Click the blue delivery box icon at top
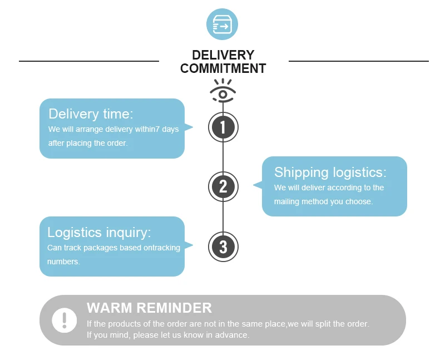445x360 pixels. coord(222,24)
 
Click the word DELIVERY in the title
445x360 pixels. coord(222,55)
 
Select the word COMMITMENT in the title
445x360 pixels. coord(222,69)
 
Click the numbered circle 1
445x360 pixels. coord(223,127)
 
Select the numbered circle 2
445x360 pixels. coord(223,186)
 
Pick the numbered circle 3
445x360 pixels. coord(223,246)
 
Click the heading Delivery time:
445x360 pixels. coord(91,114)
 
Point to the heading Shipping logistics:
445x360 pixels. coord(330,172)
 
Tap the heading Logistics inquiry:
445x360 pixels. coord(99,232)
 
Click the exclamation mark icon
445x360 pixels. coord(65,320)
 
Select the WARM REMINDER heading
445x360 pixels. coord(149,308)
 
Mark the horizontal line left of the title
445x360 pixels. coord(89,61)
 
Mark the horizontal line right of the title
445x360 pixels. coord(359,61)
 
